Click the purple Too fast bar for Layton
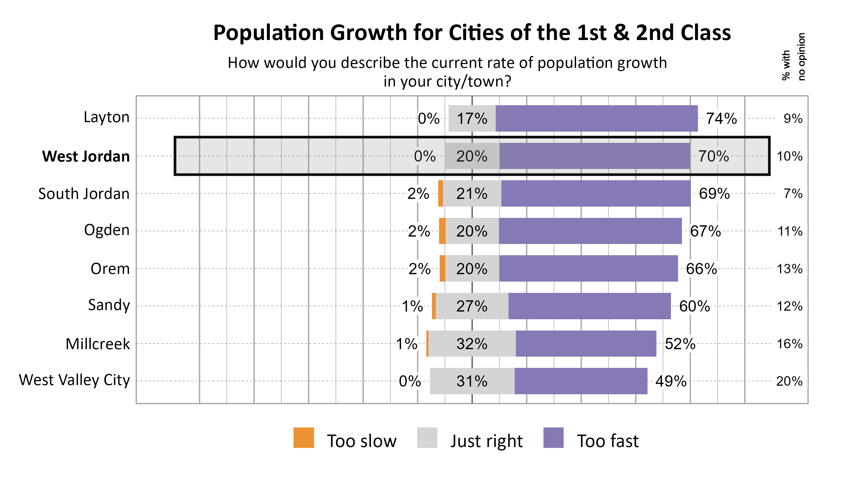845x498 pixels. (x=596, y=119)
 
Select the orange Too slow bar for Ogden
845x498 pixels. (x=442, y=231)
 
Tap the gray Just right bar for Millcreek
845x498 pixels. (x=472, y=344)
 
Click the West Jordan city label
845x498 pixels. (x=86, y=157)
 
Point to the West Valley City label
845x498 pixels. (x=74, y=380)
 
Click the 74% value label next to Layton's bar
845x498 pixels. (x=721, y=119)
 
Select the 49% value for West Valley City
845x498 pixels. (x=670, y=381)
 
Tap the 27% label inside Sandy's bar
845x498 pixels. (x=471, y=306)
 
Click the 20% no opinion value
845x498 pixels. (x=789, y=381)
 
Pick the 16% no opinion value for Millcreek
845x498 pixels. (x=789, y=344)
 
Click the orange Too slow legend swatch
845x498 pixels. (x=303, y=438)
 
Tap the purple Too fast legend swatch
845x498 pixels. (x=553, y=438)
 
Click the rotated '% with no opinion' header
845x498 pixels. (x=793, y=56)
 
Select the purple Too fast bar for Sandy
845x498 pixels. (x=589, y=306)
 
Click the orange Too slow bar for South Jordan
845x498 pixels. (x=440, y=193)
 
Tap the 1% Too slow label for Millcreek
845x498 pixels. (x=406, y=344)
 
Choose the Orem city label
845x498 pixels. (x=110, y=269)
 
